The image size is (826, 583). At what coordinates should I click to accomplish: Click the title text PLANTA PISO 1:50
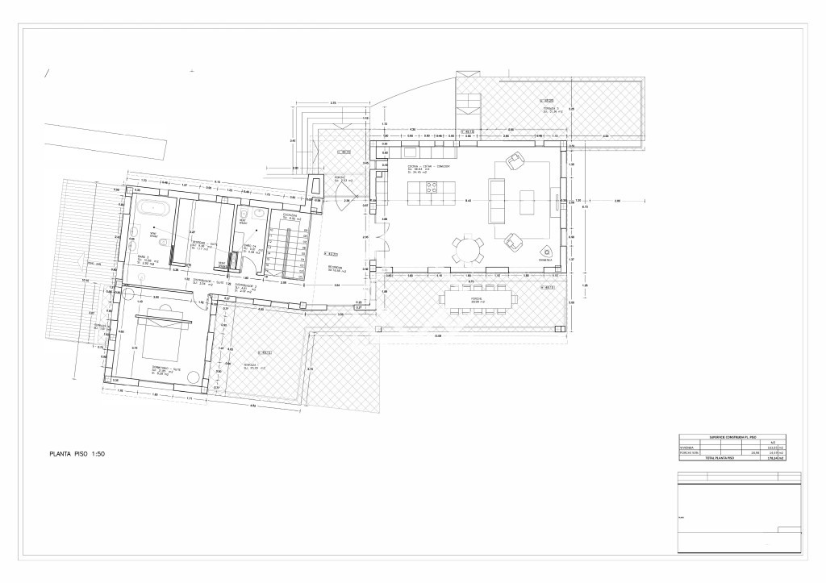77,454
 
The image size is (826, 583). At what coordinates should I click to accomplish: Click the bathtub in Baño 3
152,209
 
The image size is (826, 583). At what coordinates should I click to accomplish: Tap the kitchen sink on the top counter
409,152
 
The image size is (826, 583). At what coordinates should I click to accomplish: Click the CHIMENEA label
545,261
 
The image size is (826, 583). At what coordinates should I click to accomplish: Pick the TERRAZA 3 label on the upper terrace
549,108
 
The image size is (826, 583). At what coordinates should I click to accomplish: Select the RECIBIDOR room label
336,267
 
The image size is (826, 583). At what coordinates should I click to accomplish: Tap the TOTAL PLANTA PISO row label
720,458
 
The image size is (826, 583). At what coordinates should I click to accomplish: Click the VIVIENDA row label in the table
686,446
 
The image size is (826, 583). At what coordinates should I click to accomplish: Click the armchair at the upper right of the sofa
514,162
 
